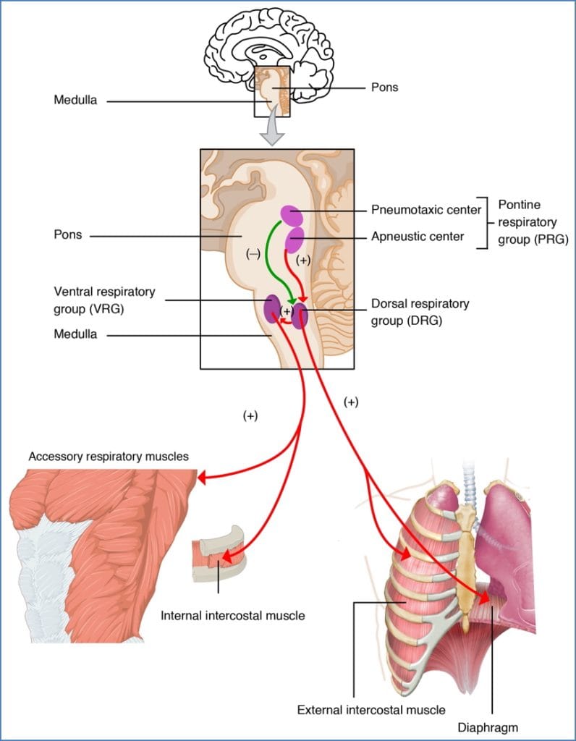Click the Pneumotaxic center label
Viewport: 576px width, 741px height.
point(425,211)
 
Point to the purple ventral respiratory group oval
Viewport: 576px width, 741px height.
point(272,309)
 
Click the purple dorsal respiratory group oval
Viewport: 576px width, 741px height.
point(300,316)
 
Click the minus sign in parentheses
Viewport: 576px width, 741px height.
point(253,255)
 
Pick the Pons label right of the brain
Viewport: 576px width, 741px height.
point(384,88)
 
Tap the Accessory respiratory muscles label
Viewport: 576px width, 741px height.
point(109,457)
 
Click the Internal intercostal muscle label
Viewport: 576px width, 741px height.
point(232,616)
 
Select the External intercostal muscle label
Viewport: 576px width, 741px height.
point(371,709)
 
